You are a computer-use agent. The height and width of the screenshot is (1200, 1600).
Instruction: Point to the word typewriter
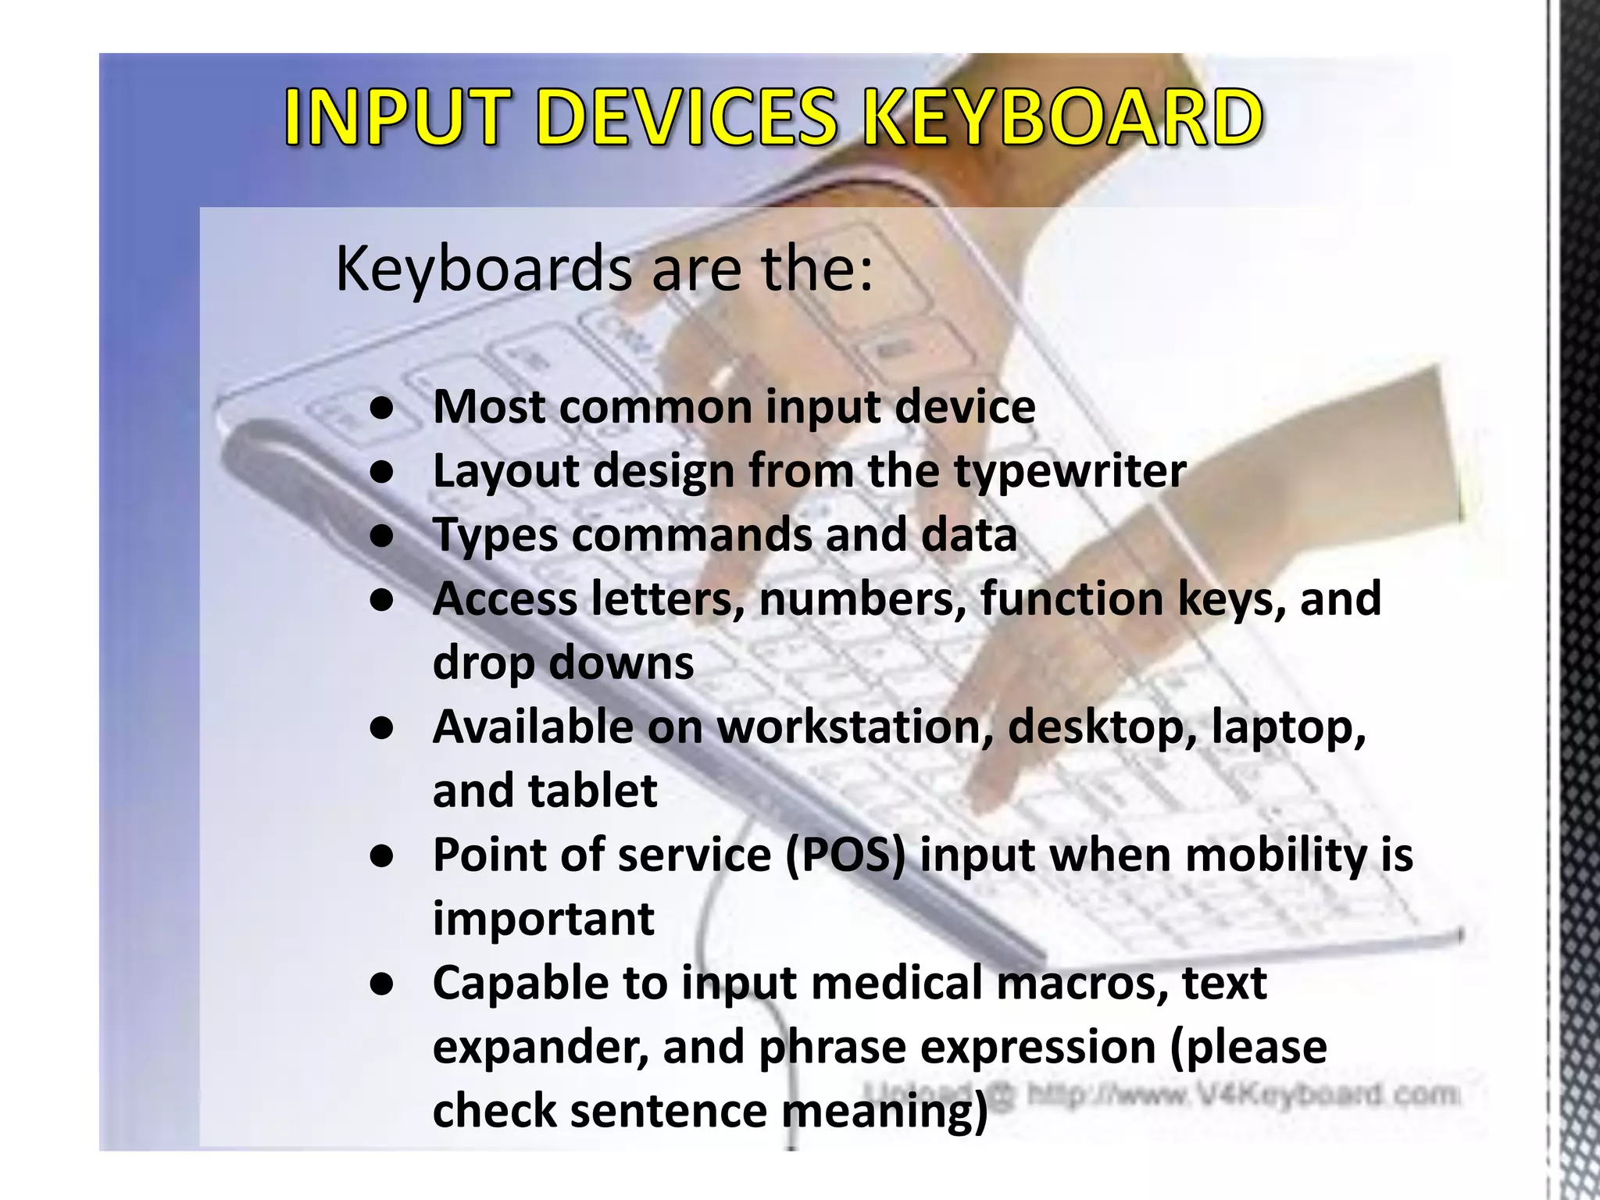pos(1070,472)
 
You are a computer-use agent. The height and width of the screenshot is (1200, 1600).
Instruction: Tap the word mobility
pos(1265,855)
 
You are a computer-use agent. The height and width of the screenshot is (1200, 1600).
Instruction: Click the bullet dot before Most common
pos(381,409)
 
